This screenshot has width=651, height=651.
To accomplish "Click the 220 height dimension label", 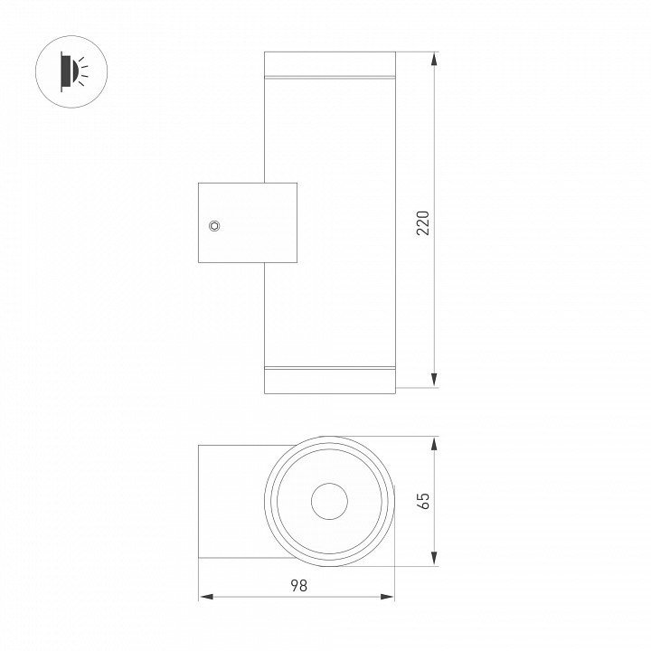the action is (422, 223).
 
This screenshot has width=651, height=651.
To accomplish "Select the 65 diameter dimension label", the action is (422, 501).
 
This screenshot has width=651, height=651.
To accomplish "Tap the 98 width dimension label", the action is (299, 585).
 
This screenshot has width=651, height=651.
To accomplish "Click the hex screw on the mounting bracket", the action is (214, 226).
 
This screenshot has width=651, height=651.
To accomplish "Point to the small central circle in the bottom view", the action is (330, 501).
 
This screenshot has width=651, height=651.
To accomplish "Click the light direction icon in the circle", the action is (71, 71).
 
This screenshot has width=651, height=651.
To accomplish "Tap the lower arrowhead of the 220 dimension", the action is (434, 381).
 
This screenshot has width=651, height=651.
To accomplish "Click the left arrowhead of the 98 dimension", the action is (206, 597).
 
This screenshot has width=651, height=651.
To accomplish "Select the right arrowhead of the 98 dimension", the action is (387, 597).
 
